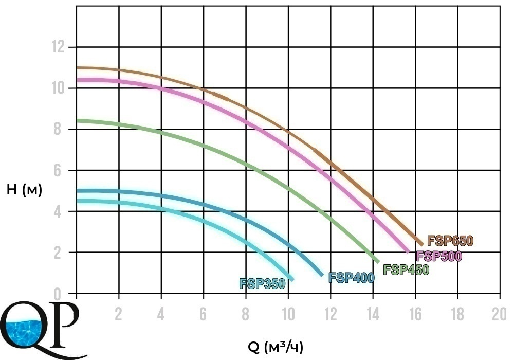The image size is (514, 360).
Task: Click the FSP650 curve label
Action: tap(450, 241)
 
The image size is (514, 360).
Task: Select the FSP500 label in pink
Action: tap(439, 256)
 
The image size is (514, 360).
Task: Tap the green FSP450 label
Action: tap(406, 269)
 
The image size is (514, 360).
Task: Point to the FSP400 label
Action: tap(351, 278)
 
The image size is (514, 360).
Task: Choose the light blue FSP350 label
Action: tap(262, 283)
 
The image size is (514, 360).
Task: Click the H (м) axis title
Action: tap(24, 190)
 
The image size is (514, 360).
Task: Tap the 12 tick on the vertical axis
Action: tap(59, 47)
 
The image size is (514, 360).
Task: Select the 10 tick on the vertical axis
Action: tap(59, 88)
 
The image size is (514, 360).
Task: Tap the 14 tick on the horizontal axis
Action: tap(372, 314)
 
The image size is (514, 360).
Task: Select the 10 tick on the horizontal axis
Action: tap(288, 314)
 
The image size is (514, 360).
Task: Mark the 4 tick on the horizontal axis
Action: tap(161, 314)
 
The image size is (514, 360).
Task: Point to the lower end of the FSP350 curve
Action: tap(292, 279)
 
